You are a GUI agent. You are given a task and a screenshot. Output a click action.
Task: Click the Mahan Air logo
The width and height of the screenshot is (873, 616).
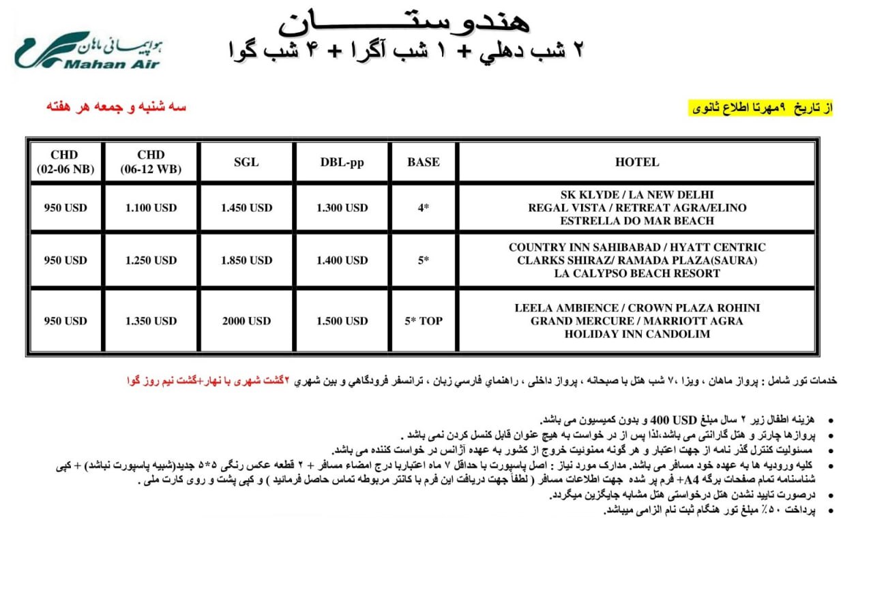[x=87, y=51]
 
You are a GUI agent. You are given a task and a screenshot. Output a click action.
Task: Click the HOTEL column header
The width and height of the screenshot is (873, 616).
[x=636, y=162]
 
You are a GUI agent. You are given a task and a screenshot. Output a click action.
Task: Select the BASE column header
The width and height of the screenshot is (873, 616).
[x=423, y=162]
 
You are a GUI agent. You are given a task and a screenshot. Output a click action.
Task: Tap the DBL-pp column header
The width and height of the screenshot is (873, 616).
[x=342, y=162]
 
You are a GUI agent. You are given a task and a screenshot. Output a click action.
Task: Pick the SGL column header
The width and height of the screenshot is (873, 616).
[x=246, y=162]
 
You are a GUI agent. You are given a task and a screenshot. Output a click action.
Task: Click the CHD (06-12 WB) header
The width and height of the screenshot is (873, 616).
[x=151, y=162]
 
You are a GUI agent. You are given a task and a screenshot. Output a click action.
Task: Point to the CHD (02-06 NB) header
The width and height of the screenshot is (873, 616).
[x=65, y=162]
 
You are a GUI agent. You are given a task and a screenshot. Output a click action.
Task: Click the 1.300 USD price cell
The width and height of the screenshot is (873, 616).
[x=342, y=208]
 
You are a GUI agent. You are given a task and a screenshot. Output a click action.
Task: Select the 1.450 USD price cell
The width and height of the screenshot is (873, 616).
[x=246, y=208]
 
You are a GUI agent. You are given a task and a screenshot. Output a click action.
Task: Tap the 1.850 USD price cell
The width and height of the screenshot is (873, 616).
[x=246, y=260]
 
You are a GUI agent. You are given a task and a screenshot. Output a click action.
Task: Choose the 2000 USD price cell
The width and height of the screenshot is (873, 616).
[x=246, y=321]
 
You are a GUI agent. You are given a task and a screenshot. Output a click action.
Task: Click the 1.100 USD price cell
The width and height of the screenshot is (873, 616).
[x=151, y=208]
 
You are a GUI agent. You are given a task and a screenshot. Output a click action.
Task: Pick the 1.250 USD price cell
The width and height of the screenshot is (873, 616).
[x=151, y=260]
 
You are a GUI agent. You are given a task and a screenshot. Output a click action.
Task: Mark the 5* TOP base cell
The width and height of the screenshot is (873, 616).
[x=423, y=321]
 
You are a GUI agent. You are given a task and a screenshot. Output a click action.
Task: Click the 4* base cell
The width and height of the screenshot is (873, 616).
[x=423, y=208]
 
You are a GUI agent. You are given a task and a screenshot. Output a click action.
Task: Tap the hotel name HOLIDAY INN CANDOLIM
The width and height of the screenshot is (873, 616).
[x=636, y=334]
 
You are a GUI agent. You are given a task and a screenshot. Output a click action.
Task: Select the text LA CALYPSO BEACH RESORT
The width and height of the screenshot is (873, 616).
[x=636, y=273]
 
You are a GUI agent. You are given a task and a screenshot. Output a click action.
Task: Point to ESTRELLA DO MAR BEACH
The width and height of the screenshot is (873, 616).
[x=636, y=221]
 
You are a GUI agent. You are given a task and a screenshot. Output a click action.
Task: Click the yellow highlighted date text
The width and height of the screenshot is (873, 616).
[x=760, y=108]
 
